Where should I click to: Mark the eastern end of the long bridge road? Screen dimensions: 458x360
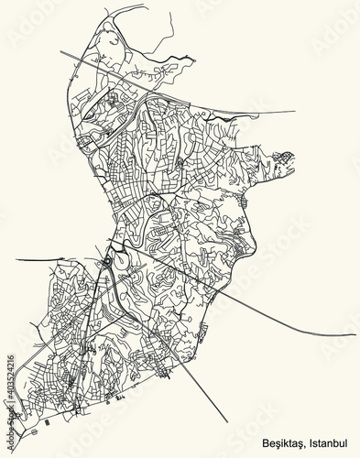355,334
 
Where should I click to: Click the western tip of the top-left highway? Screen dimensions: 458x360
61,52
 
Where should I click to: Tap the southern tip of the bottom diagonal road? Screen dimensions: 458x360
226,420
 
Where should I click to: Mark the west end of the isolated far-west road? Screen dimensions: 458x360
16,260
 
